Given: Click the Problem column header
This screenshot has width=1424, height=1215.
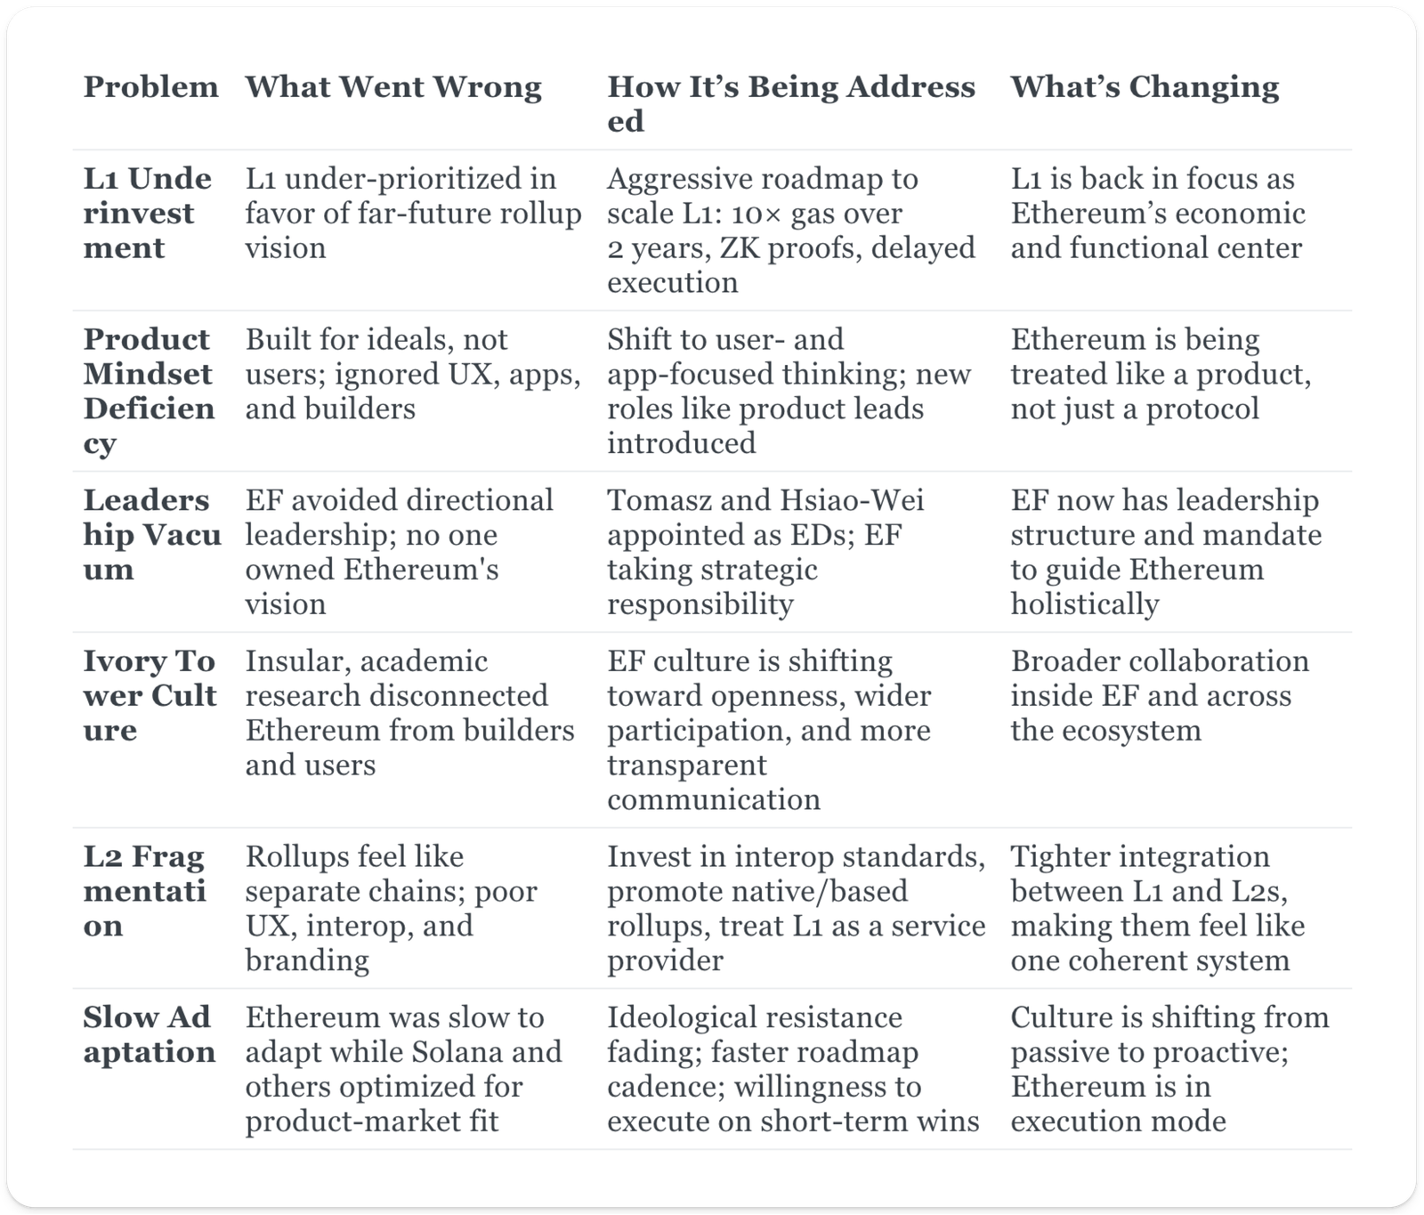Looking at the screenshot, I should click(x=150, y=87).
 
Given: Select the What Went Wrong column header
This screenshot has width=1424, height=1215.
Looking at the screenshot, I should click(x=393, y=87).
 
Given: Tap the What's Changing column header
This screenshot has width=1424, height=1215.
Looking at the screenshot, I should click(x=1145, y=87).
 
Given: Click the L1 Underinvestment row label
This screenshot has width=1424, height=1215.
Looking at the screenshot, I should click(x=148, y=214).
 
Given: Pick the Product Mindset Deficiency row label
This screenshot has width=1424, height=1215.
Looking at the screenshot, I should click(x=149, y=391).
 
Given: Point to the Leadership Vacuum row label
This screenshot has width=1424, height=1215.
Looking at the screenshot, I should click(x=151, y=535).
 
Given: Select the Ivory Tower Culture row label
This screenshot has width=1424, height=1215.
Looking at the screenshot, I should click(x=150, y=696).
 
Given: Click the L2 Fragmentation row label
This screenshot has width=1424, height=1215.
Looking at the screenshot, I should click(x=144, y=891).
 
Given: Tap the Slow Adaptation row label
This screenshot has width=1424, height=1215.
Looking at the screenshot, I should click(x=148, y=1034).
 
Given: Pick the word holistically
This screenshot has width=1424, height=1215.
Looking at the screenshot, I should click(x=1084, y=604).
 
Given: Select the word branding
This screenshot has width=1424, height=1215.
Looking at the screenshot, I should click(x=307, y=960).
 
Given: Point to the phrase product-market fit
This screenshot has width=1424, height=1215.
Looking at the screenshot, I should click(x=371, y=1121).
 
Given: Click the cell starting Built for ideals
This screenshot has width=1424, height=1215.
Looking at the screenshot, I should click(x=413, y=374).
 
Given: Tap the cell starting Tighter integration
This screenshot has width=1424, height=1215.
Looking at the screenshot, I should click(x=1157, y=908).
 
